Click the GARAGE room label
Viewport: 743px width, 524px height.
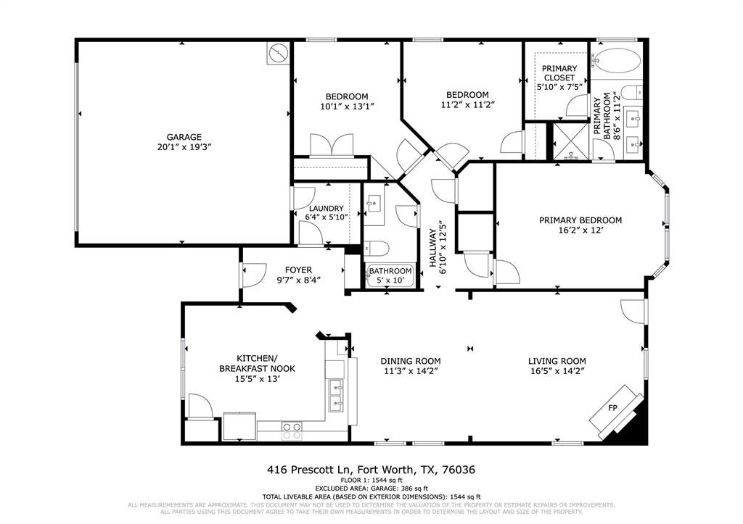click(x=184, y=137)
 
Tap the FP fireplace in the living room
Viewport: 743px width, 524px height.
click(x=616, y=410)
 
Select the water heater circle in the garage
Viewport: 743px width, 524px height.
click(x=278, y=53)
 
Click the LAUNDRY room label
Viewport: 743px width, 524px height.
click(x=326, y=208)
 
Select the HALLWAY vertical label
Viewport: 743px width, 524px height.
click(x=432, y=248)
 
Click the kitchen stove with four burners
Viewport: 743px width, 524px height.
click(x=292, y=431)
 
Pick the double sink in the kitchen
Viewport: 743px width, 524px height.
click(x=335, y=396)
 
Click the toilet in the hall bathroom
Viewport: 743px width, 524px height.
click(x=377, y=248)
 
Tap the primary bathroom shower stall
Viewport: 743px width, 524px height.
click(x=571, y=141)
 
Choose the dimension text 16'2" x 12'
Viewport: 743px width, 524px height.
click(x=580, y=230)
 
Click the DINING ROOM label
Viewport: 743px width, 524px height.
click(x=411, y=361)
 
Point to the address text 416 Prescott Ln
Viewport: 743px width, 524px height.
click(x=310, y=470)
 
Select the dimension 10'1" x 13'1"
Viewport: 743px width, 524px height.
click(x=348, y=107)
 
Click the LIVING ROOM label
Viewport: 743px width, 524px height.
click(x=557, y=361)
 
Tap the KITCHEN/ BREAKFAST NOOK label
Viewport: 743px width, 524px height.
click(x=257, y=363)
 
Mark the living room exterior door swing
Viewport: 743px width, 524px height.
click(x=633, y=312)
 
